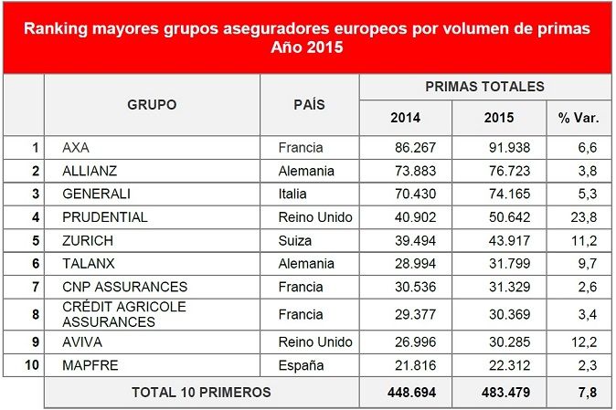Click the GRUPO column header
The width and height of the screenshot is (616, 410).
tap(152, 105)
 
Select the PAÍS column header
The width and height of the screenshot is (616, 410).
tap(309, 105)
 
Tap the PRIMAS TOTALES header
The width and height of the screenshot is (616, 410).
tap(484, 87)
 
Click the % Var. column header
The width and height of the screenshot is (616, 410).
tap(578, 118)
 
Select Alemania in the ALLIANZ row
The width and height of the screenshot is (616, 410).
tap(305, 170)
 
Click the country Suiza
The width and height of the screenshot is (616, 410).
tap(294, 241)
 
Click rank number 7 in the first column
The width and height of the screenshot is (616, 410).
tap(36, 287)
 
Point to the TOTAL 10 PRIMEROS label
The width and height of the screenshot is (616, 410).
tap(201, 393)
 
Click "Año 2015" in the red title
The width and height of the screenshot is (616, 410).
tap(307, 47)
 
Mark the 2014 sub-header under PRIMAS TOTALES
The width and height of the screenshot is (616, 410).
tap(405, 118)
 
